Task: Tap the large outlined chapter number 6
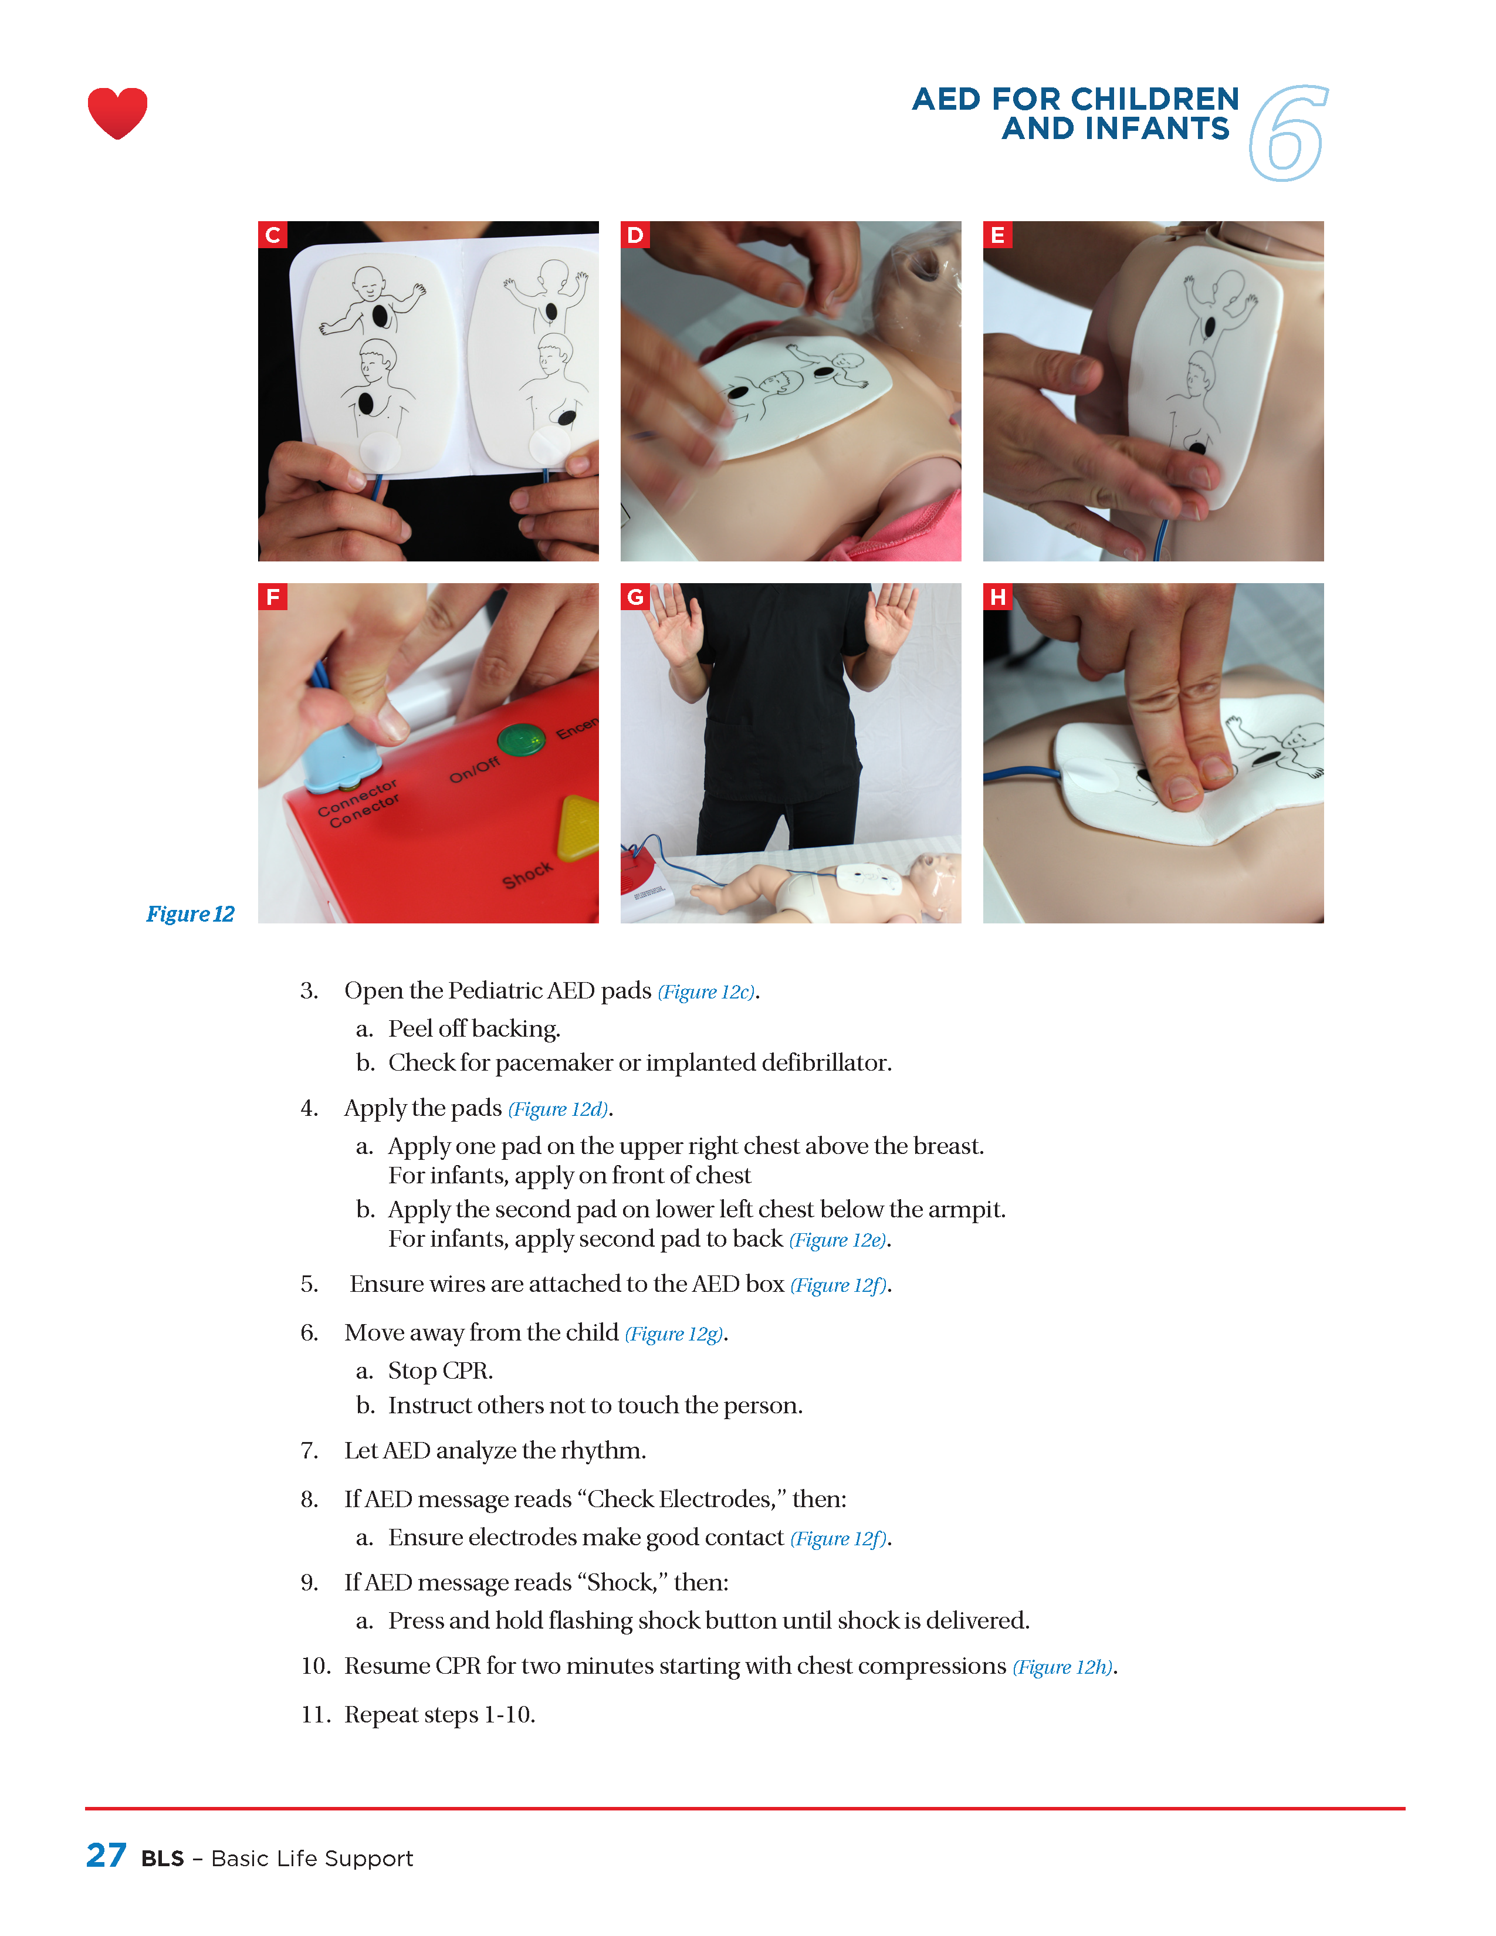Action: pyautogui.click(x=1289, y=133)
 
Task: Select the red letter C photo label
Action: pyautogui.click(x=273, y=235)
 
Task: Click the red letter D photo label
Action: pyautogui.click(x=635, y=235)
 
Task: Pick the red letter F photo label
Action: pyautogui.click(x=273, y=597)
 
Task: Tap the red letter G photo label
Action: pyautogui.click(x=635, y=597)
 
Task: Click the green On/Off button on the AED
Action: pyautogui.click(x=521, y=739)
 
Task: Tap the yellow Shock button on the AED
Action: pyautogui.click(x=580, y=827)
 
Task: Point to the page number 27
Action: pyautogui.click(x=106, y=1855)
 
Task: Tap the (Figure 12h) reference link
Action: pyautogui.click(x=1062, y=1667)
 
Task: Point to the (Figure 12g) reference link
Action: pyautogui.click(x=675, y=1334)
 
